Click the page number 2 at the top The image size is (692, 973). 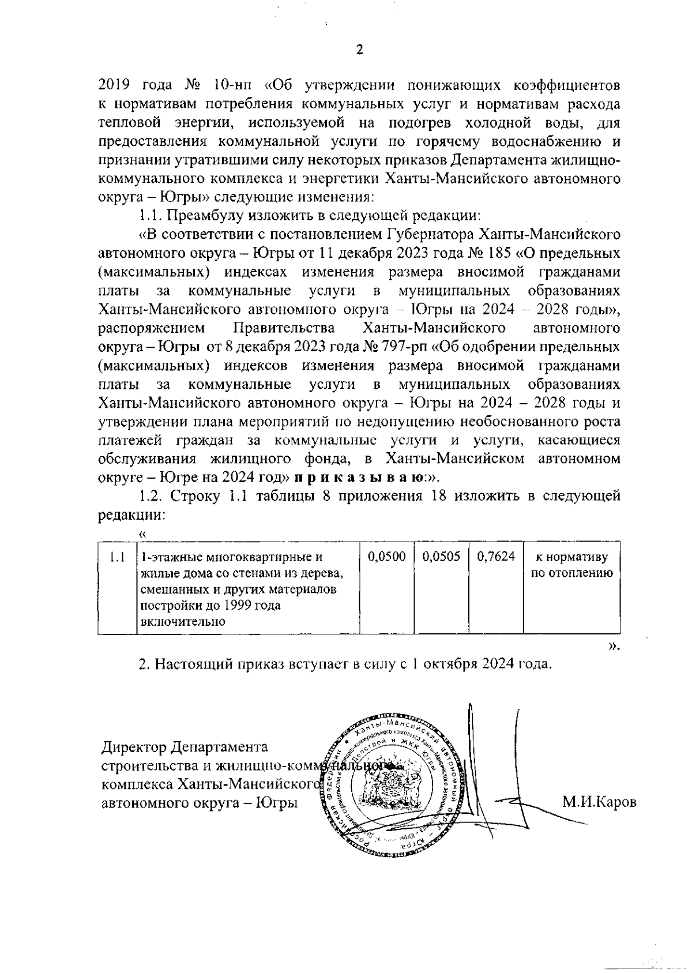(360, 50)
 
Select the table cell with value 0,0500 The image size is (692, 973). (386, 557)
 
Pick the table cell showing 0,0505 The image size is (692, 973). (441, 557)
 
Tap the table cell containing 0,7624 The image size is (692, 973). (495, 557)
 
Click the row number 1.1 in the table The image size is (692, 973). (116, 557)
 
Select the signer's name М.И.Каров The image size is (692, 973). (599, 802)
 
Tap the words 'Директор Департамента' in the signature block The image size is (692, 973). (185, 747)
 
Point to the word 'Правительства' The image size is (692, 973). (283, 329)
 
